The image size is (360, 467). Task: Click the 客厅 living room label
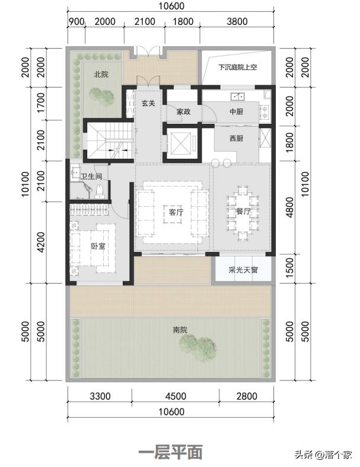pyautogui.click(x=176, y=212)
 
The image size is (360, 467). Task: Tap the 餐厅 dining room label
pyautogui.click(x=243, y=211)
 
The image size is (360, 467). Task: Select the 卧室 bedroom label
pyautogui.click(x=98, y=246)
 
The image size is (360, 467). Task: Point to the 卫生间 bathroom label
pyautogui.click(x=91, y=177)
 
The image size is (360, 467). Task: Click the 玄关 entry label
pyautogui.click(x=148, y=103)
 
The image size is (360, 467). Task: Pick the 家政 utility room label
pyautogui.click(x=183, y=111)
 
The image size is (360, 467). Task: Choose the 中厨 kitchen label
pyautogui.click(x=236, y=111)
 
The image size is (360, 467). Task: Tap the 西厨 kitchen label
pyautogui.click(x=236, y=138)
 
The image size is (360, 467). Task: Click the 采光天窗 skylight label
pyautogui.click(x=243, y=270)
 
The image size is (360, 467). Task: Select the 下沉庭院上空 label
pyautogui.click(x=237, y=67)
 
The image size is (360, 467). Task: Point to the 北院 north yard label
pyautogui.click(x=101, y=74)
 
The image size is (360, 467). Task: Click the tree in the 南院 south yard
pyautogui.click(x=198, y=347)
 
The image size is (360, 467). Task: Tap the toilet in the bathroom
pyautogui.click(x=99, y=191)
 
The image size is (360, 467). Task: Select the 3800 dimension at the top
pyautogui.click(x=237, y=21)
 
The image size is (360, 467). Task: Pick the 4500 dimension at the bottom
pyautogui.click(x=176, y=396)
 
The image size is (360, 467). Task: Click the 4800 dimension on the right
pyautogui.click(x=289, y=207)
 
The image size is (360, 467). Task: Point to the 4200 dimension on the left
pyautogui.click(x=41, y=242)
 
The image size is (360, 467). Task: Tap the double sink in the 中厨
pyautogui.click(x=237, y=97)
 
